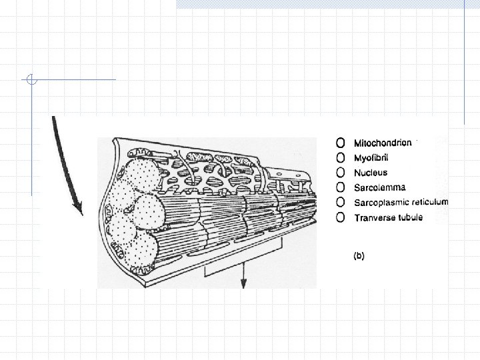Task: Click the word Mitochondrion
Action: [383, 143]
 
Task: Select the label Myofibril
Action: [373, 158]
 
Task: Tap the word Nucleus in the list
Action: [371, 173]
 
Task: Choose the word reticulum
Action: [429, 203]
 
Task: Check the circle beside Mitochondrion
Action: [341, 143]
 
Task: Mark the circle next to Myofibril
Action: [341, 158]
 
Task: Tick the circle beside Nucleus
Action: [341, 173]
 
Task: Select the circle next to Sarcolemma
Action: [341, 187]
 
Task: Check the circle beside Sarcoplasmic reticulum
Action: [341, 203]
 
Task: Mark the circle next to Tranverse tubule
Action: [341, 217]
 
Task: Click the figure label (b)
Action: [359, 255]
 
